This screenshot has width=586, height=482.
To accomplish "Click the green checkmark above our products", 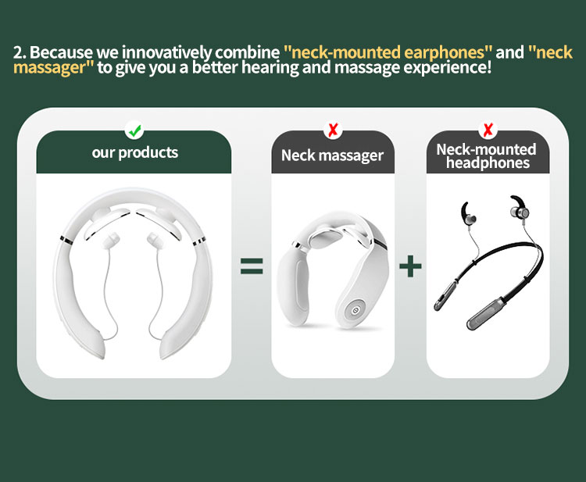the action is pyautogui.click(x=134, y=130).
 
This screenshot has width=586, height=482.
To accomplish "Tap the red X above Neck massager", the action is pyautogui.click(x=333, y=130).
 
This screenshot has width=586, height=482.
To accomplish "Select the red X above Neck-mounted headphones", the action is pyautogui.click(x=488, y=130).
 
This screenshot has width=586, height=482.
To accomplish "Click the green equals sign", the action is pyautogui.click(x=252, y=266).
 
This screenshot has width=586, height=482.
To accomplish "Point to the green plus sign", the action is pyautogui.click(x=410, y=266).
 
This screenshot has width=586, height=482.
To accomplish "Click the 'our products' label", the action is pyautogui.click(x=135, y=152).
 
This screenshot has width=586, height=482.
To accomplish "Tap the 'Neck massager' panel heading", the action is pyautogui.click(x=332, y=155).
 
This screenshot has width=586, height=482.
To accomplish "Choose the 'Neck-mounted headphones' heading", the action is pyautogui.click(x=487, y=155).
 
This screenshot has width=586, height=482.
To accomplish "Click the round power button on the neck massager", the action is pyautogui.click(x=354, y=309).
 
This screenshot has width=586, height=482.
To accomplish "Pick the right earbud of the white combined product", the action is pyautogui.click(x=155, y=240).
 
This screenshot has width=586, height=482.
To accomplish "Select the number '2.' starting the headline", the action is pyautogui.click(x=20, y=52).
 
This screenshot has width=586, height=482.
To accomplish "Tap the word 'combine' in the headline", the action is pyautogui.click(x=247, y=52).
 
